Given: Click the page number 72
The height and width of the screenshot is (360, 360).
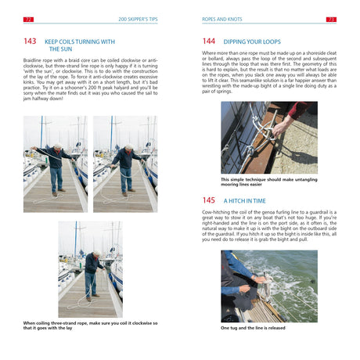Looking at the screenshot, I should pos(28,18).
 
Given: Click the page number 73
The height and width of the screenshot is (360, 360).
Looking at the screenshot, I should pos(330,18).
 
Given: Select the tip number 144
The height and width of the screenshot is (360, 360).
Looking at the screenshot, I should pos(208,40).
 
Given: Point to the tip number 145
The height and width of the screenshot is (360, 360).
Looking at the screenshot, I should pos(208,200).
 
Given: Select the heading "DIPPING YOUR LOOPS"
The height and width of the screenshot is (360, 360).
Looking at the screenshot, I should pos(250,40).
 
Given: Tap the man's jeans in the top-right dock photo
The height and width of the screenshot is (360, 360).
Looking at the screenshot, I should pos(126,178).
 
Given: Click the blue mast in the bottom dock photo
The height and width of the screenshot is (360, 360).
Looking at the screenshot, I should pos(76,243).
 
